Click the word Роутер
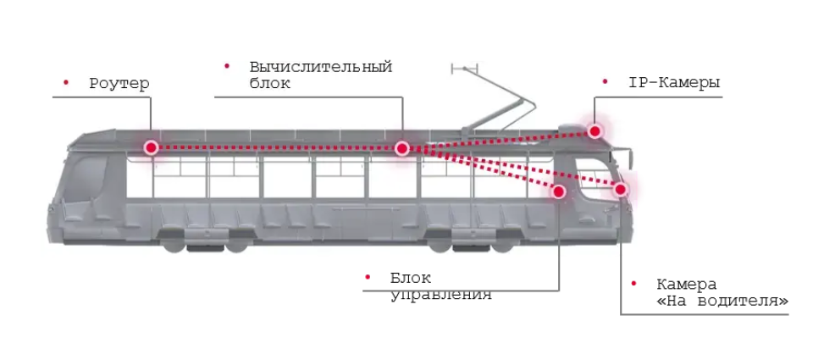(x=119, y=84)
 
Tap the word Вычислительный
(x=321, y=67)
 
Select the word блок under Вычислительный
(x=270, y=83)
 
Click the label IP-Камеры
(x=674, y=83)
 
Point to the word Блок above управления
(x=411, y=278)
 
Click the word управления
(x=440, y=295)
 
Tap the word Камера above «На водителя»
(x=687, y=285)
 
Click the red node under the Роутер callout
(x=151, y=148)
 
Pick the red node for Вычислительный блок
(x=401, y=149)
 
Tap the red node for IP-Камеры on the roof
(x=595, y=131)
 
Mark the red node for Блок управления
(x=558, y=191)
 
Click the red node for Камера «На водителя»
(x=621, y=190)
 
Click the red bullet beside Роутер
(x=66, y=82)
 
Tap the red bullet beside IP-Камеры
(x=605, y=82)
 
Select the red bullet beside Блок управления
(x=368, y=278)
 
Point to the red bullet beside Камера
(x=633, y=283)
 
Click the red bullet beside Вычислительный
(x=227, y=66)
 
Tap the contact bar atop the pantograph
(x=465, y=69)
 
